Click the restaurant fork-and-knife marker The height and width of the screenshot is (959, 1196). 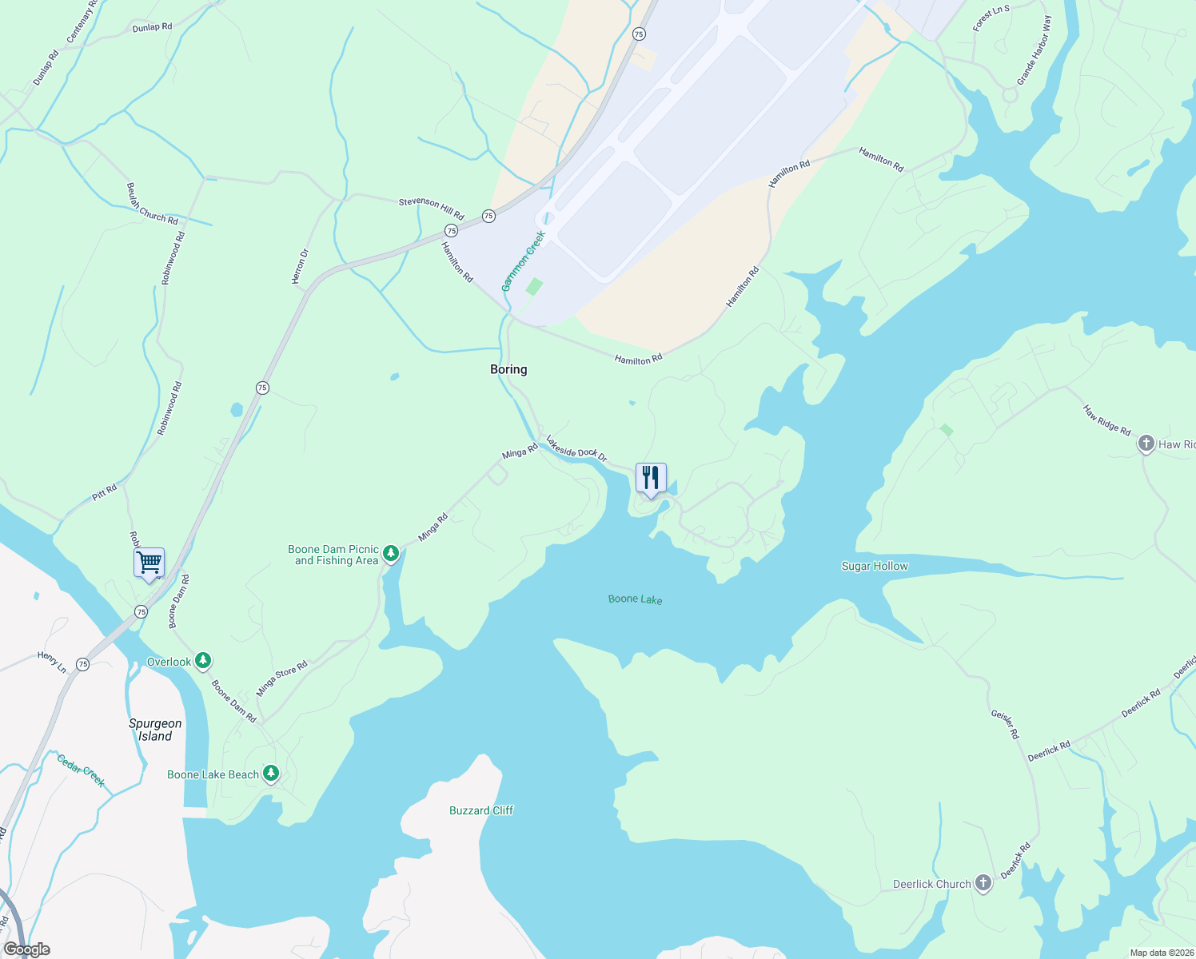pos(651,478)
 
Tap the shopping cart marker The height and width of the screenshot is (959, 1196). pos(149,562)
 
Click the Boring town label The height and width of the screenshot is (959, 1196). pos(508,369)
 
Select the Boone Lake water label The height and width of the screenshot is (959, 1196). pos(635,599)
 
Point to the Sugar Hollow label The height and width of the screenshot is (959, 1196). pos(875,566)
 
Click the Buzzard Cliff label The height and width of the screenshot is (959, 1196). pos(481,810)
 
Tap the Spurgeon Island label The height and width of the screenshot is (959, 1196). pos(155,730)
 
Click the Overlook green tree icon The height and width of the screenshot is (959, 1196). pos(203,660)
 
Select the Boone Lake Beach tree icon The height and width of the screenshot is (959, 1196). pos(271,773)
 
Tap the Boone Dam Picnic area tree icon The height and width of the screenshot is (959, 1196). pos(390,553)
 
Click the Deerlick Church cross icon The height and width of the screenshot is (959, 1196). pos(983,883)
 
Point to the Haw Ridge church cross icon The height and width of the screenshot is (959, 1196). pos(1146,444)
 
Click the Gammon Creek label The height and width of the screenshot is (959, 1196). pos(524,261)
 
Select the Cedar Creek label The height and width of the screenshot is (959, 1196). pos(81,769)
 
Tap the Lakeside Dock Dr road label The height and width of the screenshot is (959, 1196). pos(576,449)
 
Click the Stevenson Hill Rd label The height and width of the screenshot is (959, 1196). pos(432,208)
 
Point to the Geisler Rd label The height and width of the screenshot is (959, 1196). pos(1005,724)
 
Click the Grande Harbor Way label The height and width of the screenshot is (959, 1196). pos(1035,50)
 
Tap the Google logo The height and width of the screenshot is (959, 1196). pos(26,949)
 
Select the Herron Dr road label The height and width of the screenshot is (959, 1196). pos(300,267)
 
